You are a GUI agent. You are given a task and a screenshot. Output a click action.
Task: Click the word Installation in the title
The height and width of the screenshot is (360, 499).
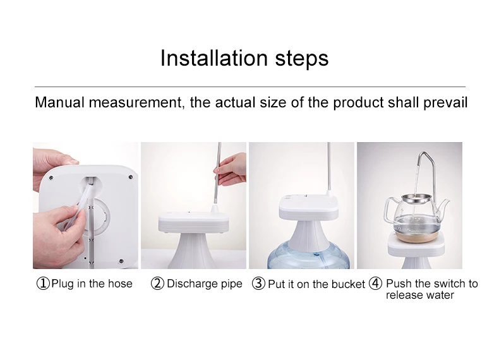tap(214, 58)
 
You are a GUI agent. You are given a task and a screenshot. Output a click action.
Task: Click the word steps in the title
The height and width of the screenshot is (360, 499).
tap(302, 59)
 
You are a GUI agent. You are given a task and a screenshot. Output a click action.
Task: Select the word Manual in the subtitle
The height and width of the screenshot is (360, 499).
tap(59, 102)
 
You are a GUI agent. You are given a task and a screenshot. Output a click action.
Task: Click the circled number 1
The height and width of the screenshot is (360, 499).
tap(43, 284)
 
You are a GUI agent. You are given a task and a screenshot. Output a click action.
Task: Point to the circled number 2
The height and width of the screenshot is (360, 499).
tap(157, 284)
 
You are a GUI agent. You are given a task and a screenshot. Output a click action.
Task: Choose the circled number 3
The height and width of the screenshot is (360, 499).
tap(258, 284)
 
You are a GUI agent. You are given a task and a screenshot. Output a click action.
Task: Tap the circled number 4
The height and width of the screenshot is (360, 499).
tap(376, 284)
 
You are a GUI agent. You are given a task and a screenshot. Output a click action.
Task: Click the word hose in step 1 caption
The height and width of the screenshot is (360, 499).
tap(120, 284)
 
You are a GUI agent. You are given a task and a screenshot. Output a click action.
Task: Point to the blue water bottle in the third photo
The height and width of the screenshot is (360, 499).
tap(308, 256)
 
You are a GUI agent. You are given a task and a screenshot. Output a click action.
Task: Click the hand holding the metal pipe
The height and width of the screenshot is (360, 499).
tap(231, 169)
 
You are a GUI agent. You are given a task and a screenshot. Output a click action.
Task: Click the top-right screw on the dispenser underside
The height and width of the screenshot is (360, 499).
tap(130, 177)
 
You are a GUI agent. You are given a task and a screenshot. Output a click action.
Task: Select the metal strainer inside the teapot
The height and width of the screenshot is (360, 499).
tap(416, 199)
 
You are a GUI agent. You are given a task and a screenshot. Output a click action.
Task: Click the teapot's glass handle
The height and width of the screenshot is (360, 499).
tap(389, 210)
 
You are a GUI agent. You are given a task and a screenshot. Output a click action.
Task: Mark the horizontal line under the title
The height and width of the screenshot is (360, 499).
tap(250, 87)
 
